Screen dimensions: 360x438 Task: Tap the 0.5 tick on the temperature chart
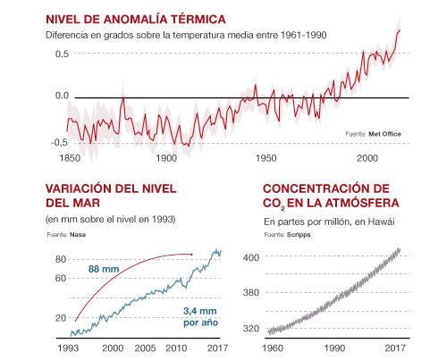point(61,54)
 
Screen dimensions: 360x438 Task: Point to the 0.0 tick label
point(61,96)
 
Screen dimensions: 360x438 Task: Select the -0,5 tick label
point(59,142)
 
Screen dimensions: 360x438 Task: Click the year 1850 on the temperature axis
point(68,158)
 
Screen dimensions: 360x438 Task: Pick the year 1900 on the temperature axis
point(166,158)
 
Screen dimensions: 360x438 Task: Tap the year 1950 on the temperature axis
point(266,158)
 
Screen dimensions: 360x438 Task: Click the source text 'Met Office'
point(385,134)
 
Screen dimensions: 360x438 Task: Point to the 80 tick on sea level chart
point(62,259)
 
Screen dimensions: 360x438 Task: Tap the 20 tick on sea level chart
point(62,318)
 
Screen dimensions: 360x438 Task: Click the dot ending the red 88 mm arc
point(192,255)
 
